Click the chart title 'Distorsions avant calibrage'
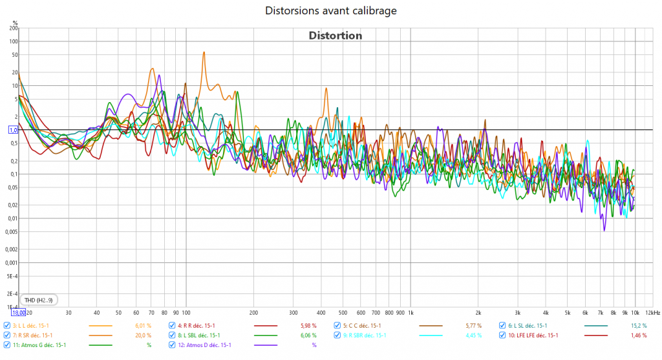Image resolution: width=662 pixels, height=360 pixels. point(331,10)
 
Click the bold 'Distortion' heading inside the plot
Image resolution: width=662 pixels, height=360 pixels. point(335,36)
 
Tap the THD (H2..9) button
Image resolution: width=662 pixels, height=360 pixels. point(39,300)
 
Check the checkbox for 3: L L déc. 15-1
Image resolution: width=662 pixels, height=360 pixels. point(7,326)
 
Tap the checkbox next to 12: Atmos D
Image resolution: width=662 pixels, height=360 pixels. point(172,345)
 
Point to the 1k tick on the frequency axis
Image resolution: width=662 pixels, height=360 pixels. point(411,312)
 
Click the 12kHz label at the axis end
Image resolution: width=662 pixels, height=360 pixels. point(651,312)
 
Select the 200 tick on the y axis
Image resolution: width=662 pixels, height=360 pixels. point(14,28)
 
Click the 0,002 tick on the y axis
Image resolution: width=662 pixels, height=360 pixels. point(10,249)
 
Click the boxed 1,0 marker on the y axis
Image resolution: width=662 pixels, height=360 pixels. point(12,130)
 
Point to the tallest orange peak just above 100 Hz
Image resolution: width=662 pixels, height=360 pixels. point(204,53)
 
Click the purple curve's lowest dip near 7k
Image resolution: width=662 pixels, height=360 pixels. point(604,229)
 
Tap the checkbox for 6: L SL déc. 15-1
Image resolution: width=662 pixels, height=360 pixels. point(502,326)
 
